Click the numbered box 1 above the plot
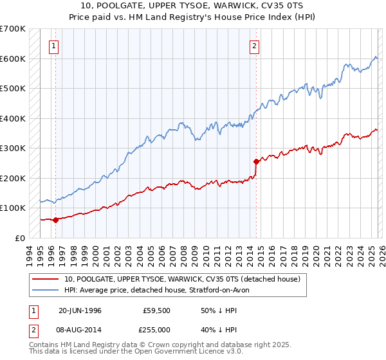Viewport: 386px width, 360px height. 53,46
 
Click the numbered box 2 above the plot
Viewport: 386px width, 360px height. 254,46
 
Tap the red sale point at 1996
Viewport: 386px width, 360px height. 55,220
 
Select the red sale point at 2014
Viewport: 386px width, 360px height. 256,161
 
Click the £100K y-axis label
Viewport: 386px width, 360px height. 13,208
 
